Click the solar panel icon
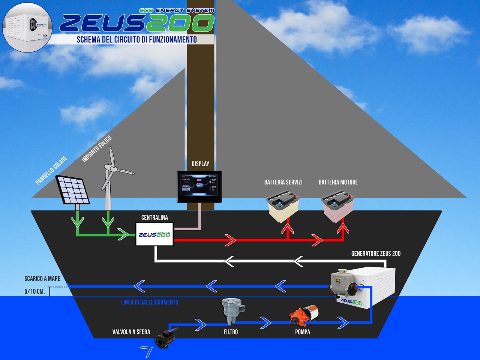pos(73,190)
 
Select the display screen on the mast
pos(199,186)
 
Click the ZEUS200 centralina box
pos(154,234)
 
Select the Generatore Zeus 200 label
pos(376,253)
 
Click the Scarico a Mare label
pos(42,279)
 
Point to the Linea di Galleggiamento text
pos(150,302)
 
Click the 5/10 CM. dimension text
pos(34,291)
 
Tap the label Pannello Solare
pos(51,170)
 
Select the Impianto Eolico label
pos(97,149)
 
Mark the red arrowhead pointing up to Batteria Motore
pos(343,229)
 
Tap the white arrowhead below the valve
pos(146,351)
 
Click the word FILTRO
pos(231,332)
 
